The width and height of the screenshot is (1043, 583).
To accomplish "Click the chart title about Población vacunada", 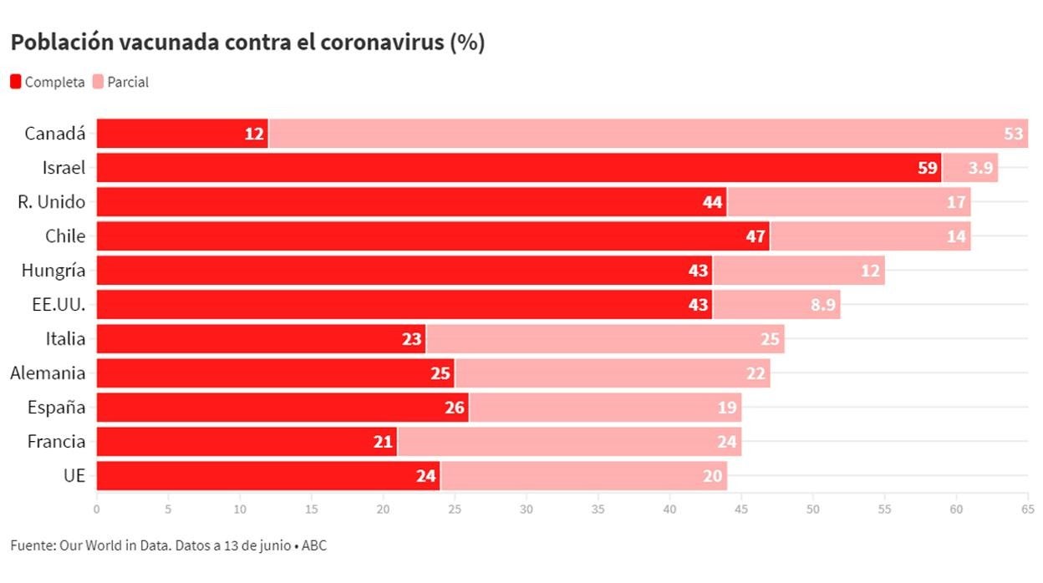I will [x=247, y=43].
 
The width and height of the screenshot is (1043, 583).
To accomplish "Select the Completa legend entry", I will [x=48, y=82].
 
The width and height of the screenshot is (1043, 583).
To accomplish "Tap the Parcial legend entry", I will [x=121, y=82].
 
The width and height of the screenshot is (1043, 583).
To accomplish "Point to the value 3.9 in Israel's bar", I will [x=980, y=168].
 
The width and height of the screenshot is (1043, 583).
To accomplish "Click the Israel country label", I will [x=64, y=168].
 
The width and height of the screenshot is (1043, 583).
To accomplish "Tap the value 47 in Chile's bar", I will [x=756, y=236].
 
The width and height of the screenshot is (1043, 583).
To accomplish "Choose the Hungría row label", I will [x=53, y=271].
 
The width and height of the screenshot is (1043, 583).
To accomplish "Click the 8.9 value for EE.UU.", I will [x=822, y=305].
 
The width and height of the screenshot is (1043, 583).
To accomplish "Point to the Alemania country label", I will [x=48, y=373].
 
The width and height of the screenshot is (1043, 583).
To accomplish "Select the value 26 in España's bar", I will [x=455, y=408].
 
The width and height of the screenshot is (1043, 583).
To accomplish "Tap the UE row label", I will [x=74, y=476].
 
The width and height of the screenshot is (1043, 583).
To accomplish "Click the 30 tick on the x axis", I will [x=527, y=508].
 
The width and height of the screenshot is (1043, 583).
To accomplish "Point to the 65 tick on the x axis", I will [x=1028, y=508].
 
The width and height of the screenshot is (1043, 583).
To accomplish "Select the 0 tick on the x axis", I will [x=97, y=508].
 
